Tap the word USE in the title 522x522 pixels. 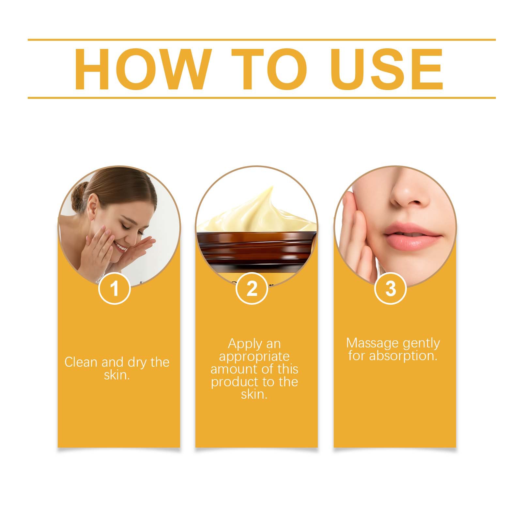pos(388,69)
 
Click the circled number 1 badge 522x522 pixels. pos(115,288)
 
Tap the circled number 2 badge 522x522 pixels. pos(252,288)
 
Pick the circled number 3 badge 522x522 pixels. pos(391,288)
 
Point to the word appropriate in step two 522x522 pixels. pos(254,357)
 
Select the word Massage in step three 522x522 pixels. pos(372,343)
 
